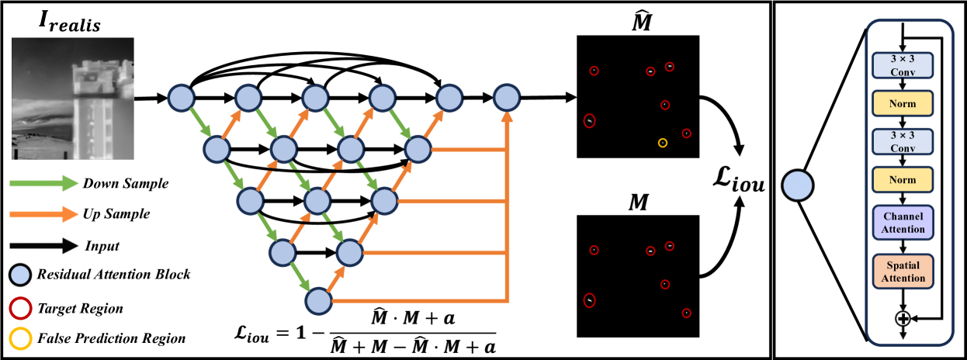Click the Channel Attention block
(x=903, y=223)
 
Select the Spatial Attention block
(x=903, y=272)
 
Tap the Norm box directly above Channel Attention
(x=903, y=179)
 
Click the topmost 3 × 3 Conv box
(x=903, y=65)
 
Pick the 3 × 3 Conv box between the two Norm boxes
(x=903, y=141)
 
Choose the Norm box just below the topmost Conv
(x=903, y=103)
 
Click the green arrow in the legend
(x=43, y=183)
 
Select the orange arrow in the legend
(x=43, y=214)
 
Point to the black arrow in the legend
(x=43, y=246)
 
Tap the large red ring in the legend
(x=20, y=309)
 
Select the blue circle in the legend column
(x=20, y=275)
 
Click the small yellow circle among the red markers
(x=662, y=143)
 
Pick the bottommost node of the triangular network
(x=317, y=301)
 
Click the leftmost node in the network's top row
(x=181, y=98)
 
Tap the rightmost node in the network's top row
(x=506, y=98)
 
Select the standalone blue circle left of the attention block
(x=797, y=186)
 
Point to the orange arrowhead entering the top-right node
(x=507, y=117)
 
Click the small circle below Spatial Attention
(x=903, y=317)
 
